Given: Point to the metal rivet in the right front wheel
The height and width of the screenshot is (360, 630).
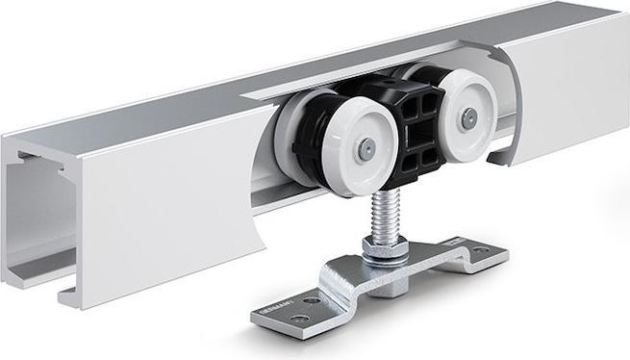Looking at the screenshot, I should coord(467,118).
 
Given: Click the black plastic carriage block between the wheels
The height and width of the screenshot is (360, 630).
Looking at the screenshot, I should coord(416,135).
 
